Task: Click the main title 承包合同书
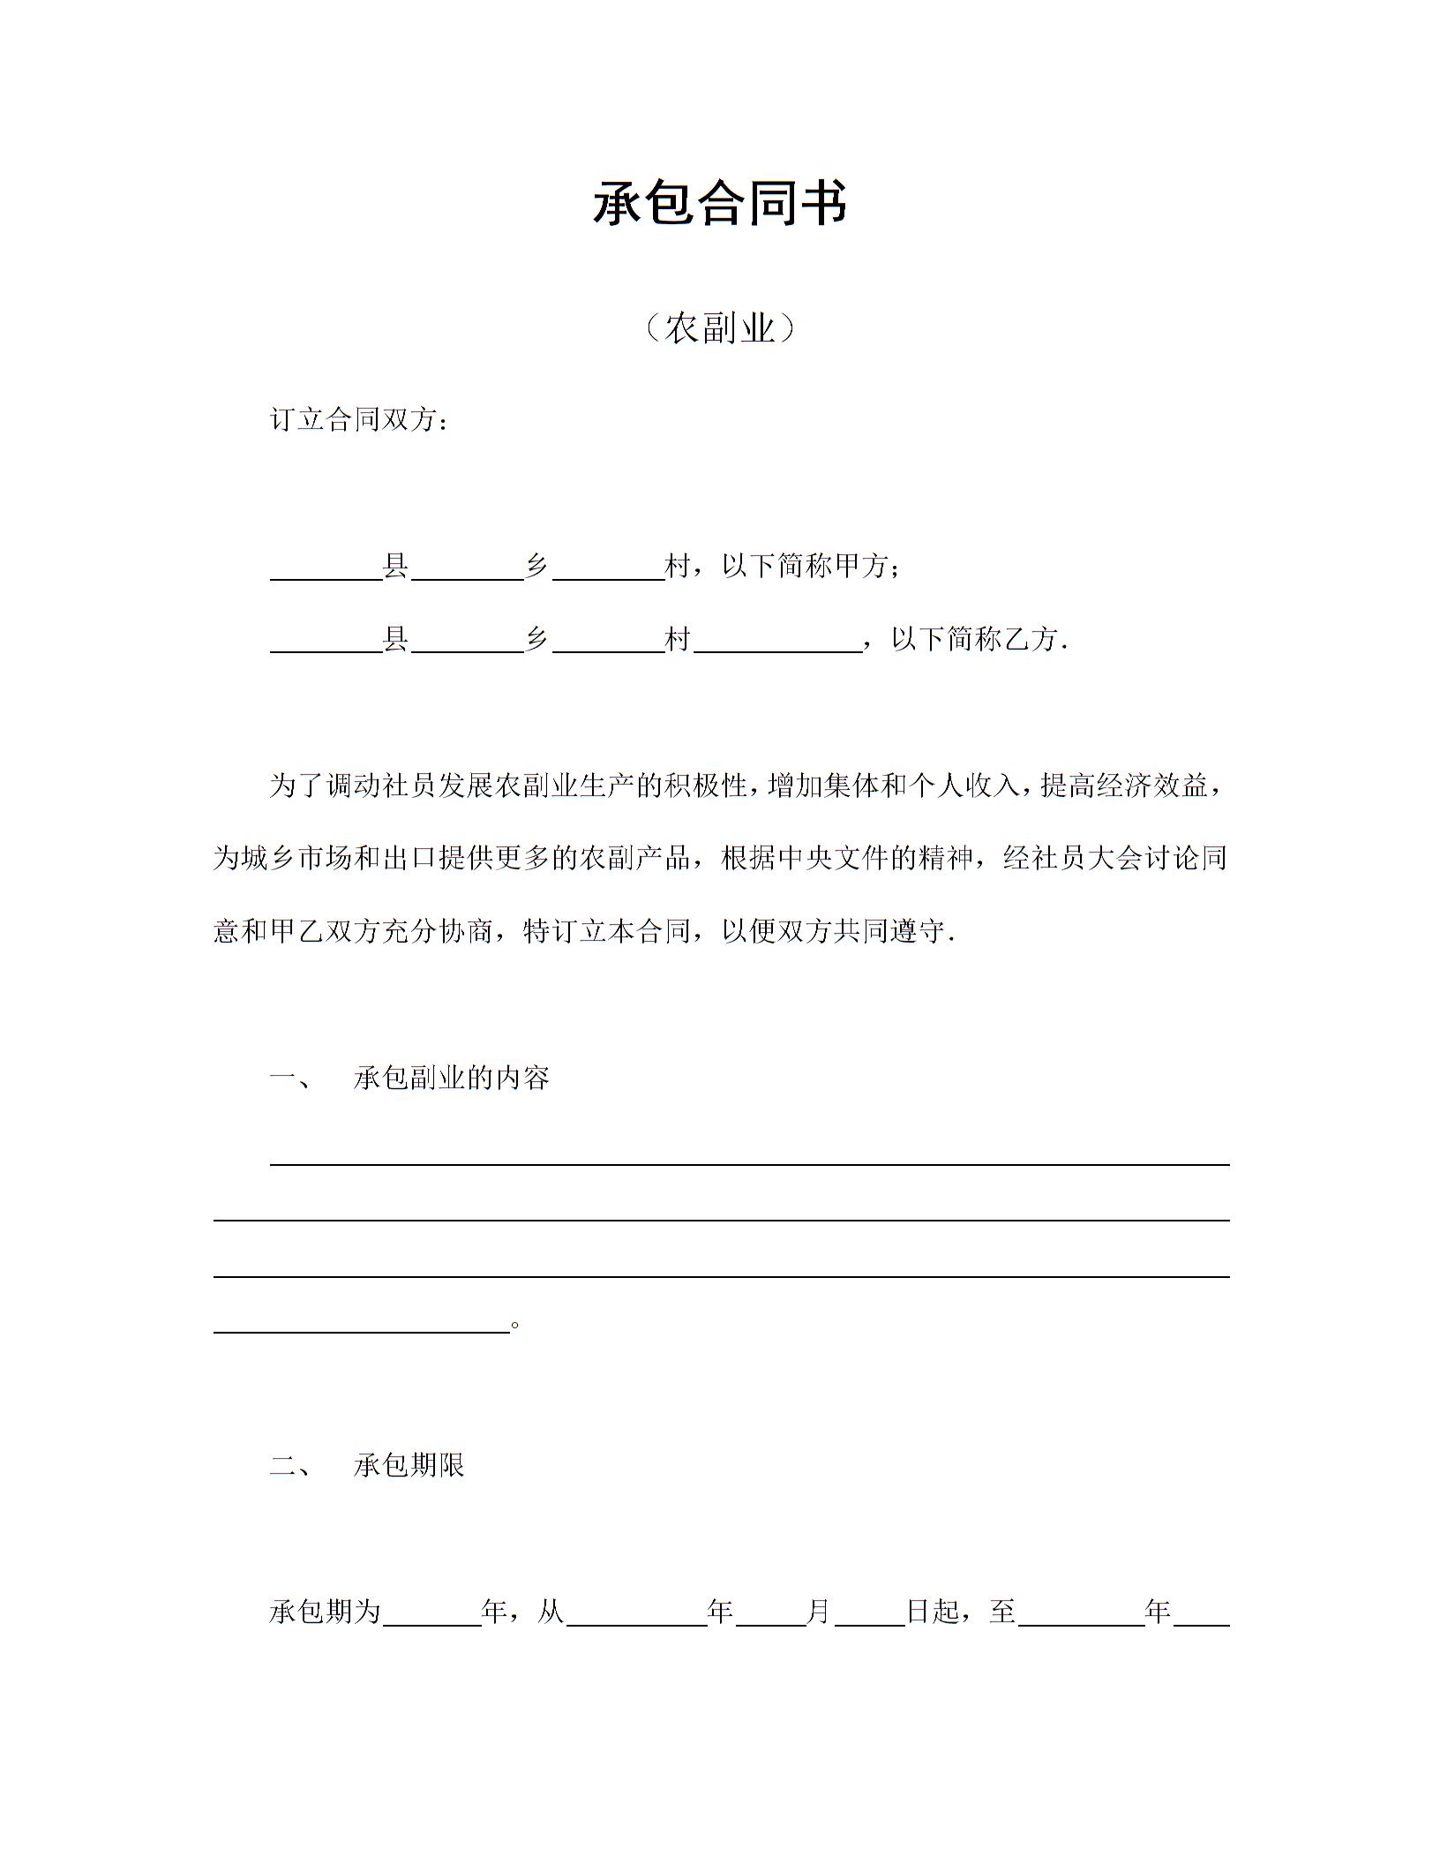point(719,203)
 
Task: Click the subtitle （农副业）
point(719,328)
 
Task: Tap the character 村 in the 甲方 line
point(678,566)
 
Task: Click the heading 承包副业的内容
point(452,1078)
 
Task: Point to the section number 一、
point(290,1078)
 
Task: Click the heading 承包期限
point(409,1466)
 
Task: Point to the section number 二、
point(290,1466)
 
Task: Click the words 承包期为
point(325,1612)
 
